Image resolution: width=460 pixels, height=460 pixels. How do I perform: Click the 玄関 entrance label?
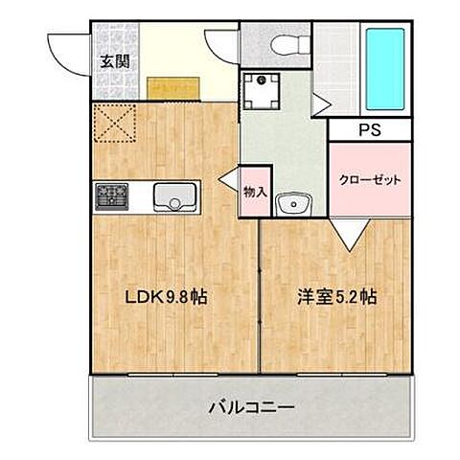coord(117,60)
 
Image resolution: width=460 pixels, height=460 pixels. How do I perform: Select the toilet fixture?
coord(285,44)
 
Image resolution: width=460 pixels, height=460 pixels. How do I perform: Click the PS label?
coord(369,130)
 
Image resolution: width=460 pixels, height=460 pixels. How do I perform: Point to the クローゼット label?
coord(369,179)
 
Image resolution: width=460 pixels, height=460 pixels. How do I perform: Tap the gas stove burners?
coord(110,196)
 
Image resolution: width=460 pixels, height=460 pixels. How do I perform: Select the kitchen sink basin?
coord(173,197)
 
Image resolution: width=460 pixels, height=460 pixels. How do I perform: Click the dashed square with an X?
coord(114,123)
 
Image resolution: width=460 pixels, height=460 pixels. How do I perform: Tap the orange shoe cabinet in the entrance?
coord(173,87)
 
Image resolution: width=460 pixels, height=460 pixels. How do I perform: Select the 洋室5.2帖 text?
coord(335,297)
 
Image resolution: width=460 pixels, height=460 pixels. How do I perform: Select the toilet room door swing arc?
coord(222,45)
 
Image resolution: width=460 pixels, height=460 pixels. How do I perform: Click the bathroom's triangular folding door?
coord(321,100)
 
